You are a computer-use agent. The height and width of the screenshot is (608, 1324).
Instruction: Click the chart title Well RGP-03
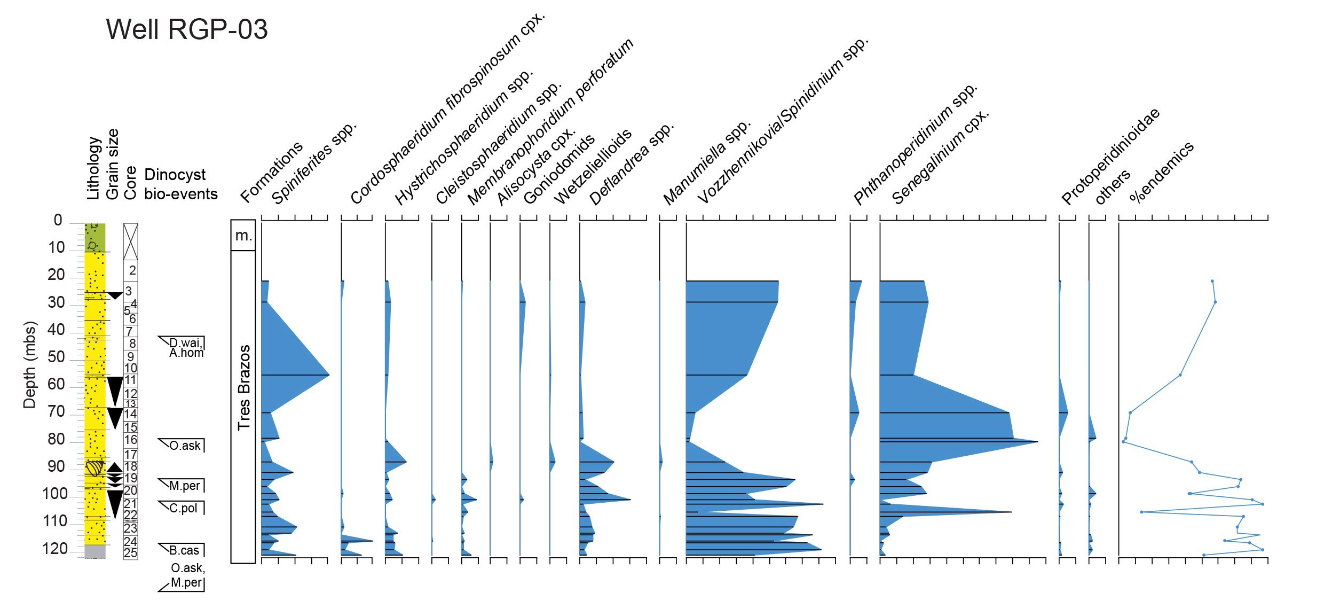[x=186, y=29]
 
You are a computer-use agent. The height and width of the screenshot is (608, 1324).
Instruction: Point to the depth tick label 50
[x=56, y=357]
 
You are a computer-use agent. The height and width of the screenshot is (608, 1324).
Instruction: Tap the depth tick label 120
[x=55, y=549]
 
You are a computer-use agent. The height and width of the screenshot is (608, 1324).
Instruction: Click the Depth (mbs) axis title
[x=29, y=365]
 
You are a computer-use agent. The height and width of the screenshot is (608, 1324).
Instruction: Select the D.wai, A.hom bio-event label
[x=186, y=347]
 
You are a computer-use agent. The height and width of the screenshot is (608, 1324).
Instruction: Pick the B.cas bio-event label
[x=184, y=550]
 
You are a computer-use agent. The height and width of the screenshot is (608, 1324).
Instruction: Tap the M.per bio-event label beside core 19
[x=184, y=486]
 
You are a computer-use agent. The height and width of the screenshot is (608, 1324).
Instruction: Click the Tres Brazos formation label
[x=243, y=387]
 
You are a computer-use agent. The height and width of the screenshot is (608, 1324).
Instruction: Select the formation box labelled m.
[x=243, y=235]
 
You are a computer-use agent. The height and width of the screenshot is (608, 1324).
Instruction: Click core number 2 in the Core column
[x=132, y=270]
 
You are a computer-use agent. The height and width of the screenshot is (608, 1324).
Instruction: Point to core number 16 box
[x=131, y=440]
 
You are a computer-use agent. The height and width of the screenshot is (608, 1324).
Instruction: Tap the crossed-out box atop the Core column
[x=131, y=241]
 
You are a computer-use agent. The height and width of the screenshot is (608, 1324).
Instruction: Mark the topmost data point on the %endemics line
[x=1212, y=281]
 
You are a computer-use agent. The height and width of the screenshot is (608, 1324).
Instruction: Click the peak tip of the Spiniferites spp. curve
[x=328, y=375]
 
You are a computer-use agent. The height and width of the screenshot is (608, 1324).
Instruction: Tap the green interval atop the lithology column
[x=95, y=237]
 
